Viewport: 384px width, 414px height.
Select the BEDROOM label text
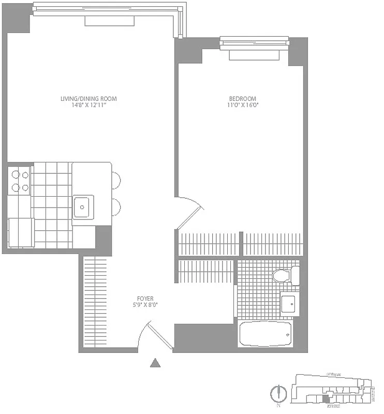[x=243, y=98]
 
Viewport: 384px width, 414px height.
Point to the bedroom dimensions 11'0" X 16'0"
[x=243, y=105]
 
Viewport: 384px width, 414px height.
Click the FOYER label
[x=145, y=298]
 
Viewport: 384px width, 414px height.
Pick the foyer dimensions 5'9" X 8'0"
[x=145, y=305]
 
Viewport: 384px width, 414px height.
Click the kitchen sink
[x=83, y=206]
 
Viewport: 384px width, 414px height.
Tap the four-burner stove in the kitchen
[x=20, y=181]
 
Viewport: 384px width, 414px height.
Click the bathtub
[x=265, y=334]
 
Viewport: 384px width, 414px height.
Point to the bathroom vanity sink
[x=289, y=303]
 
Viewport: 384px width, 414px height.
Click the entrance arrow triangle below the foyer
[x=155, y=363]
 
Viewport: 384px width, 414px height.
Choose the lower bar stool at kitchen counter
[x=117, y=207]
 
